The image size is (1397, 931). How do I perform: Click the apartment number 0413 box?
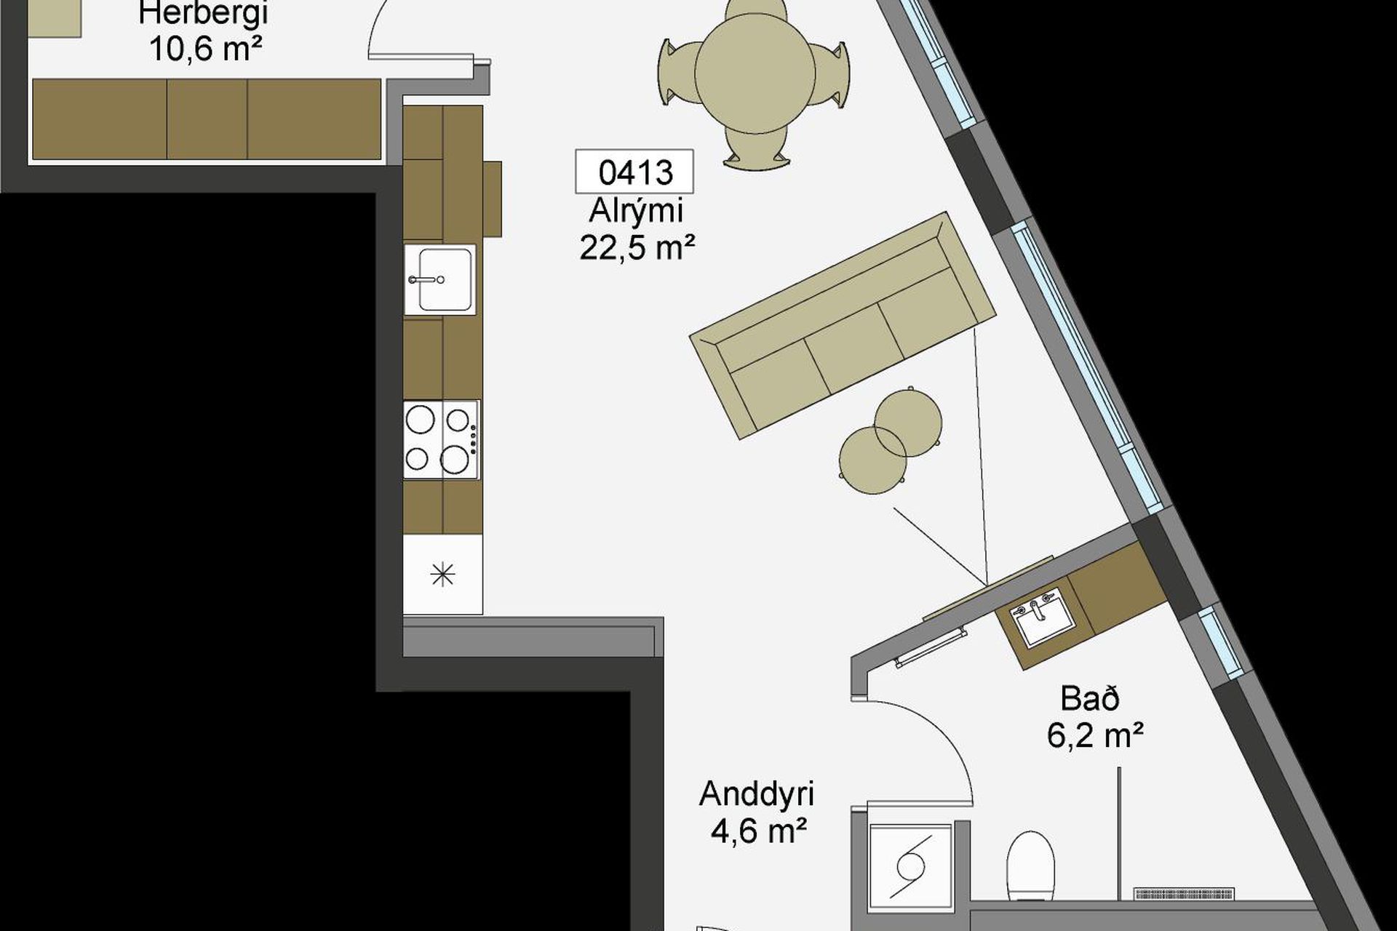pyautogui.click(x=634, y=172)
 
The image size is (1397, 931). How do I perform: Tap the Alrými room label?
pyautogui.click(x=636, y=211)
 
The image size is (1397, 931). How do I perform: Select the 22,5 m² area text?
pyautogui.click(x=637, y=247)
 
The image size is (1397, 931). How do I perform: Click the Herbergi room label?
pyautogui.click(x=203, y=13)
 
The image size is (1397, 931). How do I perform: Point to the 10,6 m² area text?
pyautogui.click(x=205, y=49)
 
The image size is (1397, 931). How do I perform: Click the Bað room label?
pyautogui.click(x=1089, y=699)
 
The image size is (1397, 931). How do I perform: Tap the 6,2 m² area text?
pyautogui.click(x=1095, y=735)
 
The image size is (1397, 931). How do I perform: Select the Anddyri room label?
pyautogui.click(x=756, y=794)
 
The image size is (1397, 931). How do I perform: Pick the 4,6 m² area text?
pyautogui.click(x=759, y=831)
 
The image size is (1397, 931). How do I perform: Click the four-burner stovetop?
pyautogui.click(x=442, y=439)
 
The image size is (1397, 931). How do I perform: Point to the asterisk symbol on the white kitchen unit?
pyautogui.click(x=442, y=575)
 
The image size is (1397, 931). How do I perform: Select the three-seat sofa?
pyautogui.click(x=843, y=325)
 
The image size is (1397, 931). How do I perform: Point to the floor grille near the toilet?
pyautogui.click(x=1185, y=894)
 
